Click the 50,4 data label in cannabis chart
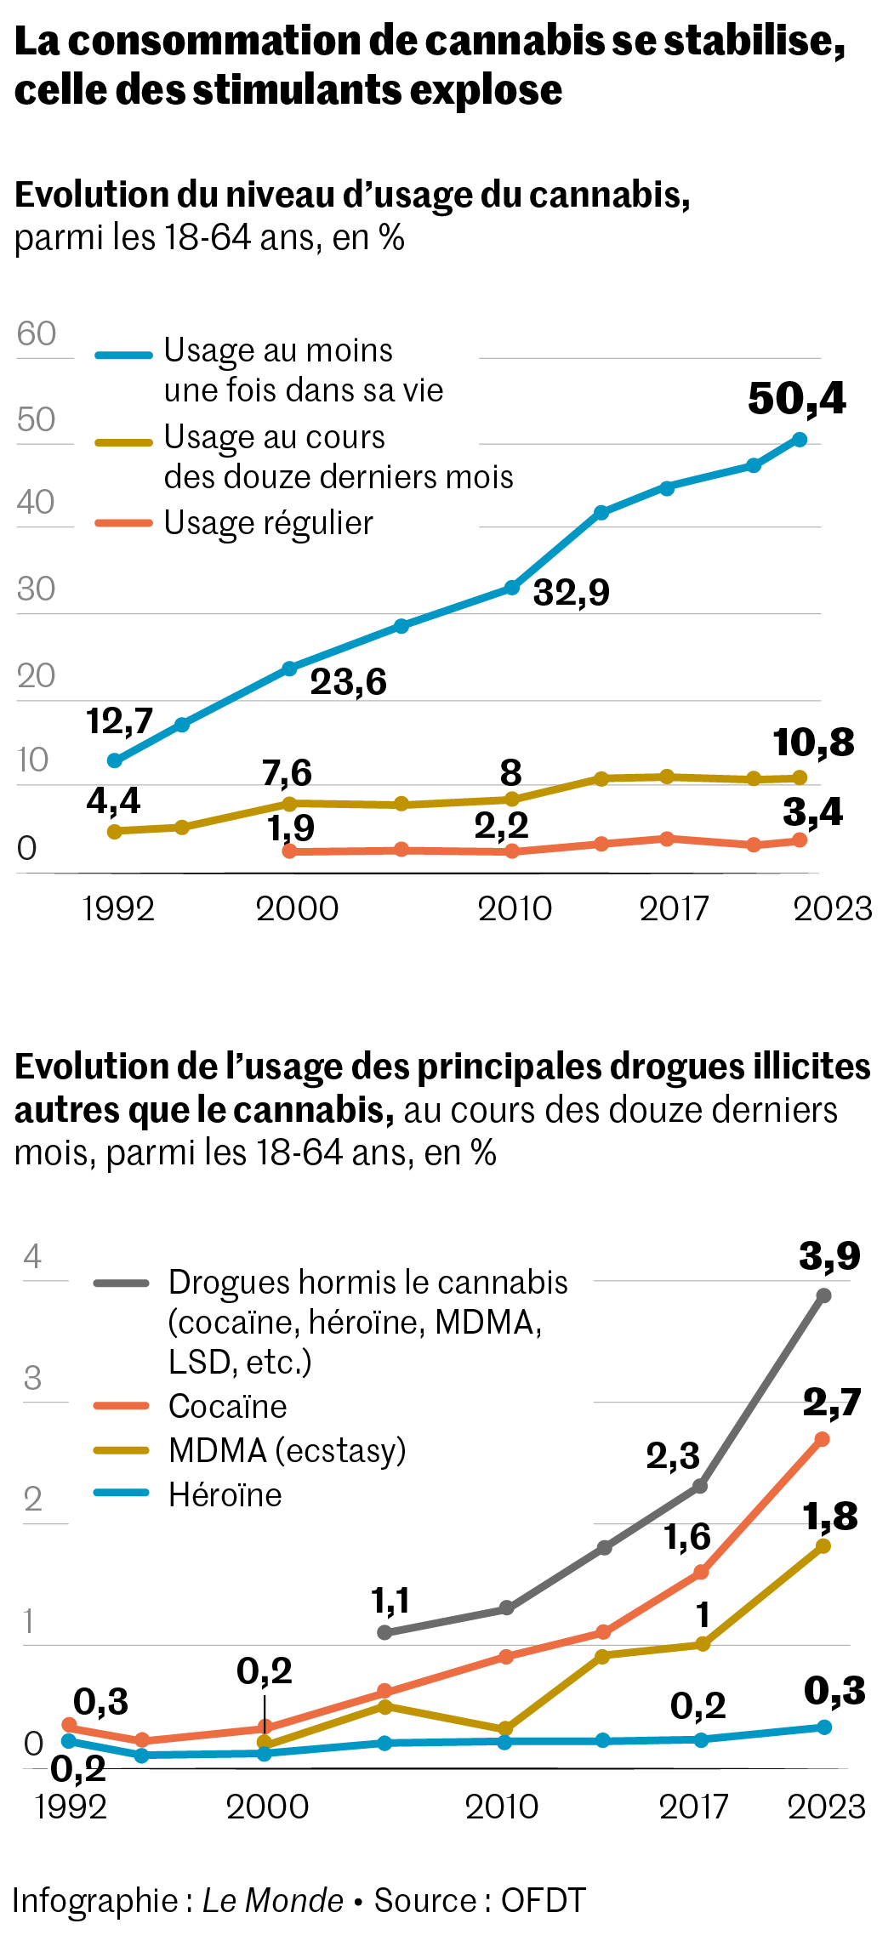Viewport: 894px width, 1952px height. pyautogui.click(x=796, y=399)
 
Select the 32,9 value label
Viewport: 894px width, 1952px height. pyautogui.click(x=571, y=592)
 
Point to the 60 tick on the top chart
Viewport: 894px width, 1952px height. pyautogui.click(x=36, y=333)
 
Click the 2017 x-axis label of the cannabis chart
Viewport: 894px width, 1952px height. pyautogui.click(x=674, y=908)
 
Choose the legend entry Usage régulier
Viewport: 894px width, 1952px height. pyautogui.click(x=268, y=523)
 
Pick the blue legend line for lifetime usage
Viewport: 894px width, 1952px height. pyautogui.click(x=123, y=355)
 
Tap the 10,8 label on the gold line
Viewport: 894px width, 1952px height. pyautogui.click(x=813, y=743)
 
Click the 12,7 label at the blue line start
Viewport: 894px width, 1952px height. pyautogui.click(x=119, y=721)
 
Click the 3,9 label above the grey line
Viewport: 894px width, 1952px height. pyautogui.click(x=829, y=1255)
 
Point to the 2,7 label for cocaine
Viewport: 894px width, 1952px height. pyautogui.click(x=831, y=1403)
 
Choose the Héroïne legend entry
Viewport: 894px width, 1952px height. pyautogui.click(x=225, y=1494)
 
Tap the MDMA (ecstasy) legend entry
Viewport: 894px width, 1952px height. pyautogui.click(x=287, y=1450)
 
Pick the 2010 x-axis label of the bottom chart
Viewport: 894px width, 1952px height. pyautogui.click(x=501, y=1806)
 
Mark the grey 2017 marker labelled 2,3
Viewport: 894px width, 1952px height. pyautogui.click(x=700, y=1486)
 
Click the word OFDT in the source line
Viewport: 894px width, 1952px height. pyautogui.click(x=543, y=1900)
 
